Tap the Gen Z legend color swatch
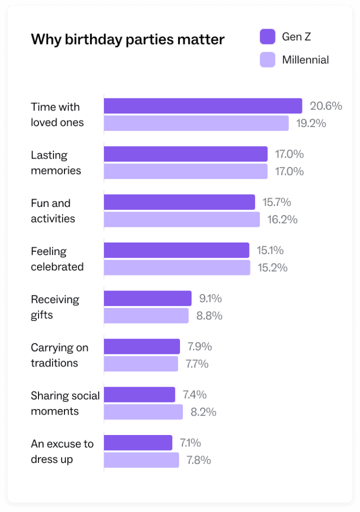(267, 36)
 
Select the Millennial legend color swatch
(267, 60)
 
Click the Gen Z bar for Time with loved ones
(203, 106)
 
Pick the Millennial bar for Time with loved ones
(196, 123)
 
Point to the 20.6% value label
(326, 106)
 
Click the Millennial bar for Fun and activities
(182, 219)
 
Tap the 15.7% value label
(276, 202)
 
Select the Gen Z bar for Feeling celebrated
(176, 250)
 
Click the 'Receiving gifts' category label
(55, 307)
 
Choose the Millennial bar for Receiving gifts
(146, 316)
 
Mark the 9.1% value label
(210, 298)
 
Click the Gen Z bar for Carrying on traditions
(142, 346)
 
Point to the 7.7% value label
(197, 364)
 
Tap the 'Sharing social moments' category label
(65, 403)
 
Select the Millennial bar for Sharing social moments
(143, 412)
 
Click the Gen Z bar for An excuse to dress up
(138, 443)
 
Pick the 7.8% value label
(198, 460)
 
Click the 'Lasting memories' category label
(56, 162)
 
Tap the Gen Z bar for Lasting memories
(185, 154)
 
